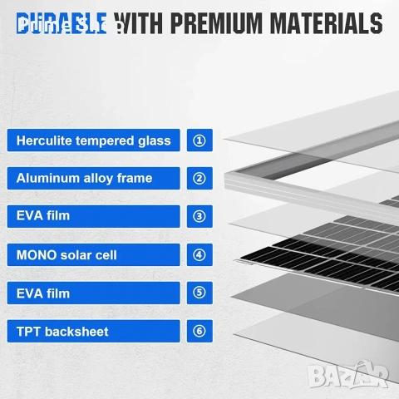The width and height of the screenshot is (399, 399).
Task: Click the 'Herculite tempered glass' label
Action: (93, 140)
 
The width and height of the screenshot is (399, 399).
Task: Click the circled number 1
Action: (199, 140)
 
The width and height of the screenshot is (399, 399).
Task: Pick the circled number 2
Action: (199, 178)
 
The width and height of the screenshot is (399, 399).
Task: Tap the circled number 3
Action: (199, 216)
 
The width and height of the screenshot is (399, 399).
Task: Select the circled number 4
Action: (199, 254)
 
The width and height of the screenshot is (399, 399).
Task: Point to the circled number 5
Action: (199, 293)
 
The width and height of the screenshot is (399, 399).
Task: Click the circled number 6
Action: (199, 331)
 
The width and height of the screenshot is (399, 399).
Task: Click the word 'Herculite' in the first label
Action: (47, 140)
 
